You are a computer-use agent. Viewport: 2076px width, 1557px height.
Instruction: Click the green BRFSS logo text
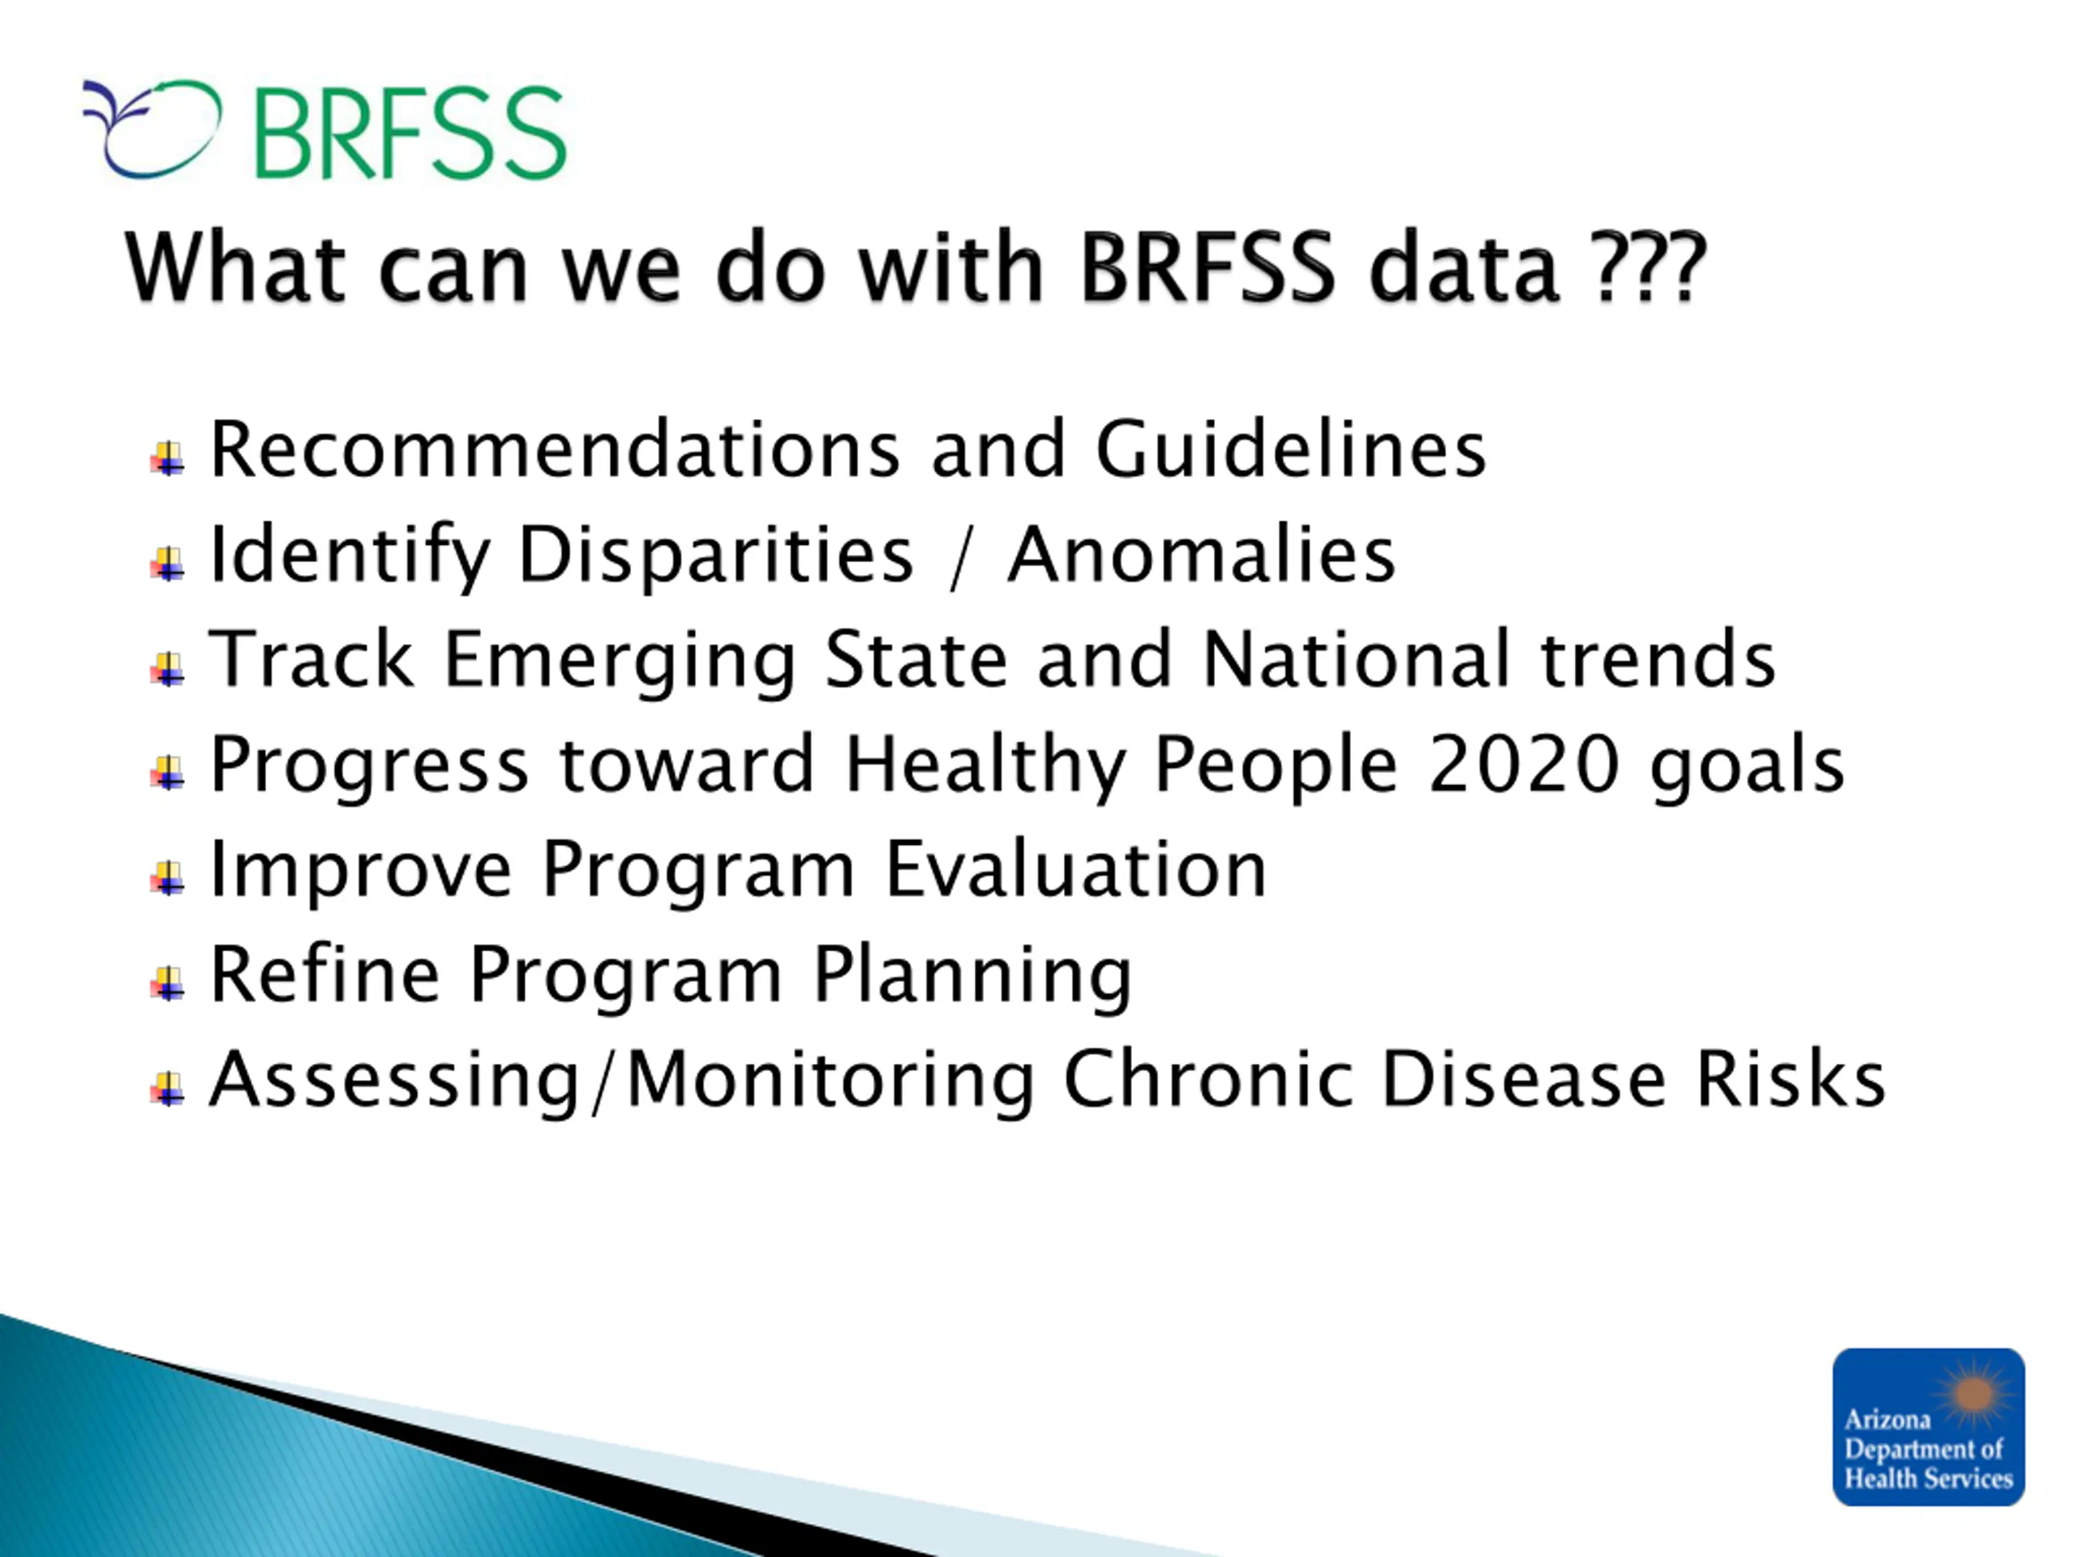pyautogui.click(x=410, y=132)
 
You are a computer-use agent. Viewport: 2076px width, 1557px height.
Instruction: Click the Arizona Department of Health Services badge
pyautogui.click(x=1928, y=1426)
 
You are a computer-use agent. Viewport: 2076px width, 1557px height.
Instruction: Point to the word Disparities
pyautogui.click(x=715, y=555)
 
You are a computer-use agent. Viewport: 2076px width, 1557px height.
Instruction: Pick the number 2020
pyautogui.click(x=1523, y=764)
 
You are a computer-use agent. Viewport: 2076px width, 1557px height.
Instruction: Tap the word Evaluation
pyautogui.click(x=1075, y=870)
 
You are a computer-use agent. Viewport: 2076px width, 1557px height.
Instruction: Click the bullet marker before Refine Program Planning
pyautogui.click(x=168, y=984)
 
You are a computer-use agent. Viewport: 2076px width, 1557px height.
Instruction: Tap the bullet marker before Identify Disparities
pyautogui.click(x=168, y=563)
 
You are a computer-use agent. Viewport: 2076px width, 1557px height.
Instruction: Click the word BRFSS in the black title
pyautogui.click(x=1206, y=268)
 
